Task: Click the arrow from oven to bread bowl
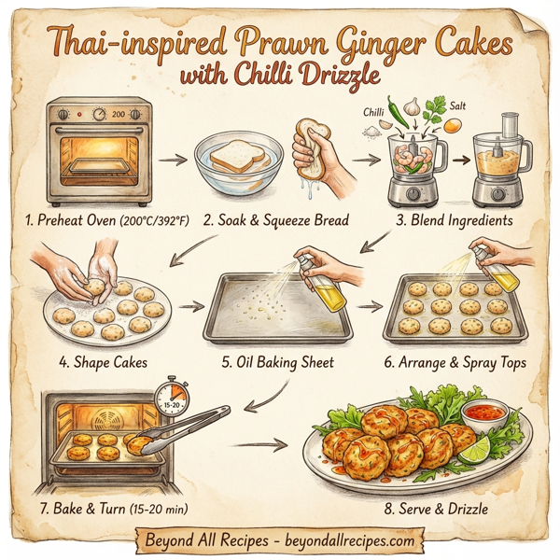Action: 172,160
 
